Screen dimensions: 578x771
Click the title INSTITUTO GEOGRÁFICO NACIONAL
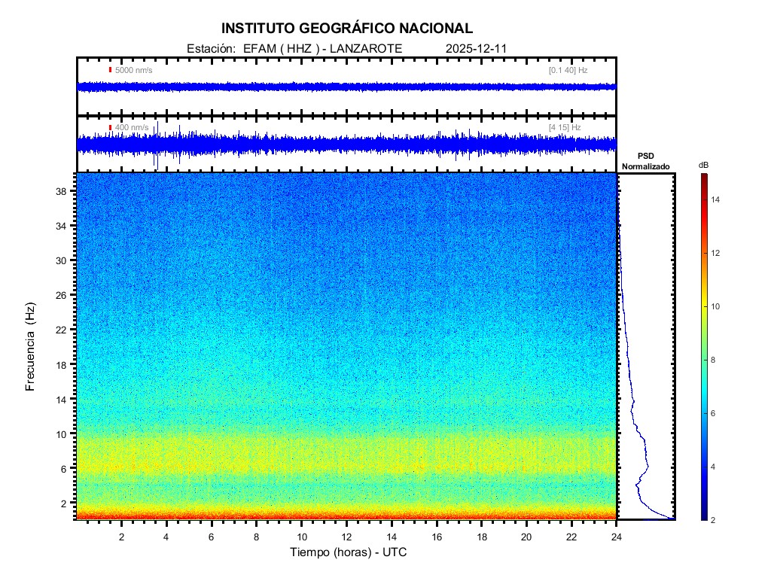coord(347,29)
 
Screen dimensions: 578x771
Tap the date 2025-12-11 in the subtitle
coord(477,48)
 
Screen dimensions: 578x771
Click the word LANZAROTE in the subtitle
coord(366,48)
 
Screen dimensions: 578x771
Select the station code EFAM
coord(258,48)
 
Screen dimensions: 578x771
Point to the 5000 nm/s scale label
coord(133,70)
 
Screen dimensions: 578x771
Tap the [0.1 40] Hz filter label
coord(568,70)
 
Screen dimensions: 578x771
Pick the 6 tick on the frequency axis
coord(66,468)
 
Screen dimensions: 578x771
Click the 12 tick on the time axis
coord(346,536)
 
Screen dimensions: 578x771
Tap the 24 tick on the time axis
coord(617,536)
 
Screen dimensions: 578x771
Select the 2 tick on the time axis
coord(122,536)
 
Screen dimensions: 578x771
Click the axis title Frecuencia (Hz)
coord(31,346)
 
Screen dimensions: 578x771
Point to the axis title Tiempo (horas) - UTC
coord(349,552)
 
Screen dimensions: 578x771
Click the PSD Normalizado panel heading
coord(645,161)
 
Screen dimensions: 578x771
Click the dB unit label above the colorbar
coord(703,165)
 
